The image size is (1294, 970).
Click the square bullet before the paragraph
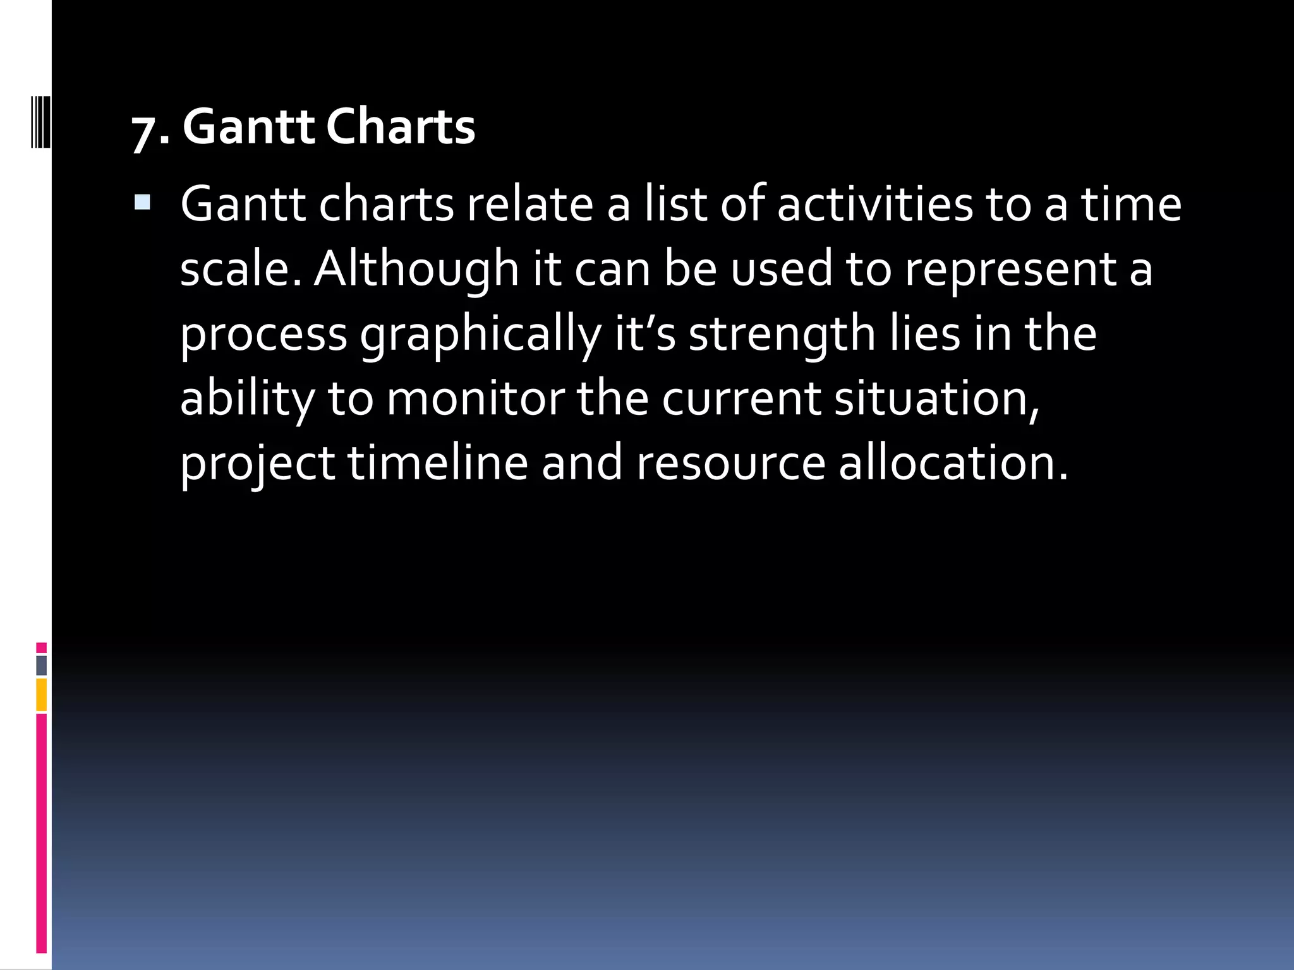[x=142, y=203]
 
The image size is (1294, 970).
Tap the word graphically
[x=480, y=335]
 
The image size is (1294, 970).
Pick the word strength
[x=782, y=335]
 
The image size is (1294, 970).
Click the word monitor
[x=475, y=399]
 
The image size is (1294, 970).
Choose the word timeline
[x=437, y=463]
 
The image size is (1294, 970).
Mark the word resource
[x=730, y=463]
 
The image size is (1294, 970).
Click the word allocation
[x=953, y=463]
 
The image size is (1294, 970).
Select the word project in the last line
[x=257, y=464]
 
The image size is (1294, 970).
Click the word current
[x=741, y=399]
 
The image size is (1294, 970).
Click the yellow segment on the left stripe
[x=41, y=695]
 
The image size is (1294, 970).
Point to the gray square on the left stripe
[x=41, y=665]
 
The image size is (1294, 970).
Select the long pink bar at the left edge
[x=41, y=834]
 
